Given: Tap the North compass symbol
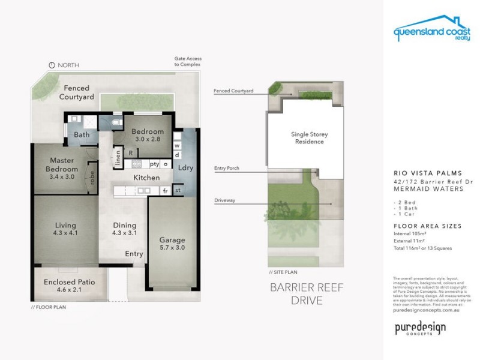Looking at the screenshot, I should (x=52, y=65).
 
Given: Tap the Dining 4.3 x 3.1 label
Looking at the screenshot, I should (x=125, y=229).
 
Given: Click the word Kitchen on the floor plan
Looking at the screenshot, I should (x=146, y=178).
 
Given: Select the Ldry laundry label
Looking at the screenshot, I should (x=186, y=168).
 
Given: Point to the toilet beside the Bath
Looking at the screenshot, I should (x=116, y=122).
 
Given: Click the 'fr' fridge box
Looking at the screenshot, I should (x=165, y=191).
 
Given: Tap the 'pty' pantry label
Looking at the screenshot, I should (x=154, y=163).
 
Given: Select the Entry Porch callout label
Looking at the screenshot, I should (x=226, y=169).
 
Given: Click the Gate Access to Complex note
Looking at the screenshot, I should (x=187, y=61).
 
